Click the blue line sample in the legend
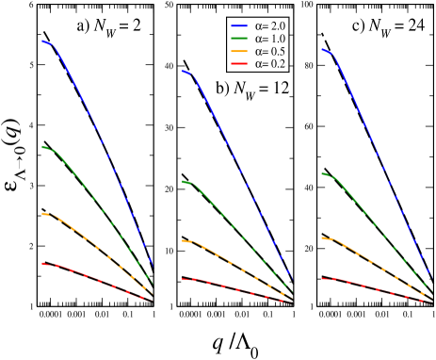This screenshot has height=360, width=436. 240,26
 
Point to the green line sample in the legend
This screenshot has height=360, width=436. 240,39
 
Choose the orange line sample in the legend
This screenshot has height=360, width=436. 240,51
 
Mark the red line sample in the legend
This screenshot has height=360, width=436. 240,64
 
